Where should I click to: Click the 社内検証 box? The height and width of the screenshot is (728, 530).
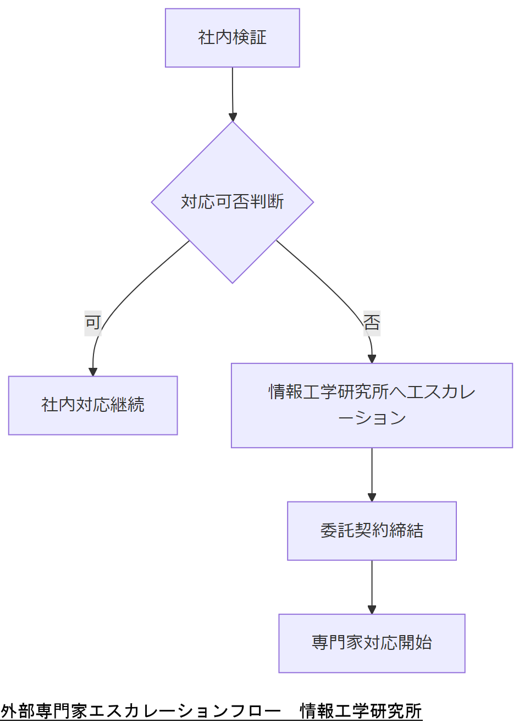pyautogui.click(x=232, y=38)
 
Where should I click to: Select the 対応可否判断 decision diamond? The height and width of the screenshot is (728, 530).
pyautogui.click(x=232, y=202)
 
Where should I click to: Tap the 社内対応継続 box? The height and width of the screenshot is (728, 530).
pyautogui.click(x=93, y=405)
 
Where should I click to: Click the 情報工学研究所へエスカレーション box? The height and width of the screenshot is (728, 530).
pyautogui.click(x=372, y=405)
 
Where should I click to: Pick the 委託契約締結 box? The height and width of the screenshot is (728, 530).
pyautogui.click(x=372, y=531)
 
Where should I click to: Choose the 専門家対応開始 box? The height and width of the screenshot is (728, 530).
pyautogui.click(x=372, y=643)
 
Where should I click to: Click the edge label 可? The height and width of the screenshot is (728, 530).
pyautogui.click(x=93, y=323)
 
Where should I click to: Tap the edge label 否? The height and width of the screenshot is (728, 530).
pyautogui.click(x=372, y=323)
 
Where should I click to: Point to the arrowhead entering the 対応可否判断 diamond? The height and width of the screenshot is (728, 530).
pyautogui.click(x=233, y=117)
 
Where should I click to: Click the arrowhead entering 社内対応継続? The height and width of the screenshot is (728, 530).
pyautogui.click(x=93, y=372)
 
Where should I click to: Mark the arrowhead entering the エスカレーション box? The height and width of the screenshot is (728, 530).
pyautogui.click(x=372, y=359)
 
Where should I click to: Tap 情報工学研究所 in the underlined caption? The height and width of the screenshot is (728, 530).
pyautogui.click(x=361, y=711)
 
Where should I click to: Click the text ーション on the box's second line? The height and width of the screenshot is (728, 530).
pyautogui.click(x=372, y=418)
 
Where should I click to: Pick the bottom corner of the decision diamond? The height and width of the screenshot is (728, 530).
pyautogui.click(x=233, y=282)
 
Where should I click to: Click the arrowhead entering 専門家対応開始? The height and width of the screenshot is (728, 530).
pyautogui.click(x=372, y=609)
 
